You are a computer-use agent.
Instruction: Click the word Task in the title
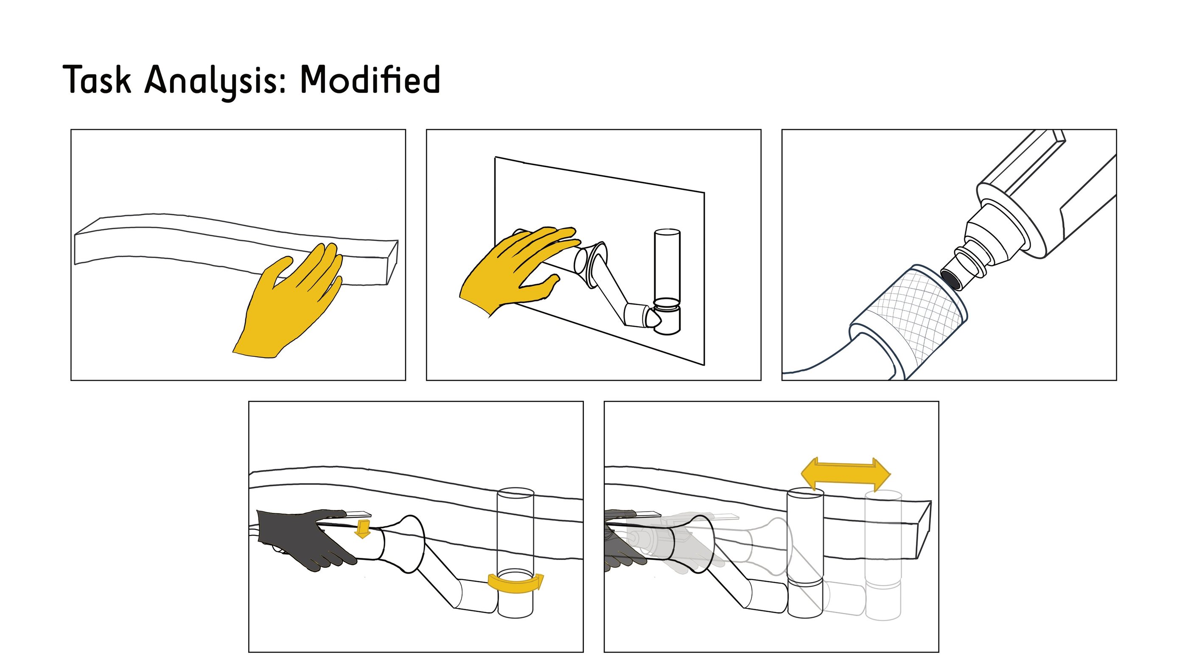97,79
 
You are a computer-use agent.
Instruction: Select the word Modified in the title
370,79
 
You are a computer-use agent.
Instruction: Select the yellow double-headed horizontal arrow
846,474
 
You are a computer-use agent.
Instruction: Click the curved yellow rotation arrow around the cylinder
516,585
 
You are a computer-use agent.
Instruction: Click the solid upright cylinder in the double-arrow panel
805,553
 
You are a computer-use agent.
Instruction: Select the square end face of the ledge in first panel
391,263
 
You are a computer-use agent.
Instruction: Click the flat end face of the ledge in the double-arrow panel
923,530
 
